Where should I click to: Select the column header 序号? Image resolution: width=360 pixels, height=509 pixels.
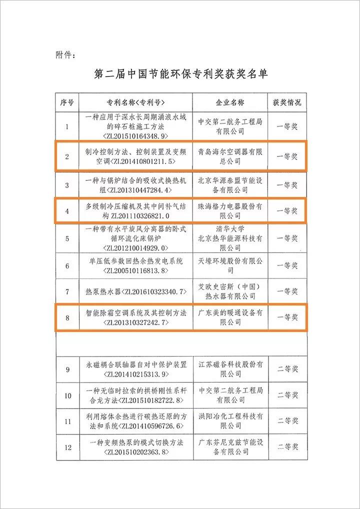[67, 102]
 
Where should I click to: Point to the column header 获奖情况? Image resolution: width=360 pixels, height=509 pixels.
[287, 102]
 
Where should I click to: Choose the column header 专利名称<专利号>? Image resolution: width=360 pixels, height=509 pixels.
[135, 102]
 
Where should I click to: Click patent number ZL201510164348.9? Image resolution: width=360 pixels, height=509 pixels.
[135, 135]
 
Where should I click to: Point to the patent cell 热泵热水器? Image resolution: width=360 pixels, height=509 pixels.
[135, 291]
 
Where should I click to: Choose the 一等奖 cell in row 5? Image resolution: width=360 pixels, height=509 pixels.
[287, 238]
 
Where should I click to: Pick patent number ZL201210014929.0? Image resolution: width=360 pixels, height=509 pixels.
[135, 247]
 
